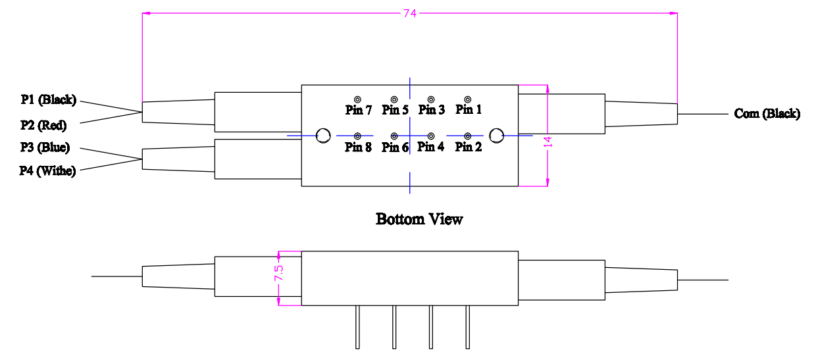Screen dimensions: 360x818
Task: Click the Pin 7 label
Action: coord(359,109)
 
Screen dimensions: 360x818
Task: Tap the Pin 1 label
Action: coord(469,109)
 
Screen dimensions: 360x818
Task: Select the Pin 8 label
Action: coord(359,147)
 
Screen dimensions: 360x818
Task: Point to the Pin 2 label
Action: coord(469,147)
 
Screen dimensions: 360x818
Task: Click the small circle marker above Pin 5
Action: coord(394,99)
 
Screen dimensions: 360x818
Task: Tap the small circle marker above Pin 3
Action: coord(431,99)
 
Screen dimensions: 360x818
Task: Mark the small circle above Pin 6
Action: coord(394,136)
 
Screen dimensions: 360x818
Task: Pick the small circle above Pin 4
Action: coord(431,136)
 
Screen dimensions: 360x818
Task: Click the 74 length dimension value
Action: coord(410,13)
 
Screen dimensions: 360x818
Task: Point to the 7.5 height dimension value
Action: coord(278,273)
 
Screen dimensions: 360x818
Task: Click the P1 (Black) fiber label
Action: coord(49,100)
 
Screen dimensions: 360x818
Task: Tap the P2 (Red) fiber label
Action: coord(43,124)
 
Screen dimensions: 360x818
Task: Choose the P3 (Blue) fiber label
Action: coord(45,147)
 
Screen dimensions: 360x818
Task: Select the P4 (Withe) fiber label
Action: coord(47,171)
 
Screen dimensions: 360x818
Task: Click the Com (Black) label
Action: coord(767,114)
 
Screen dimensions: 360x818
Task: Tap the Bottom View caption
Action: coord(419,219)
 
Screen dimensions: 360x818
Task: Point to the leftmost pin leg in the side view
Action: coord(357,326)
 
